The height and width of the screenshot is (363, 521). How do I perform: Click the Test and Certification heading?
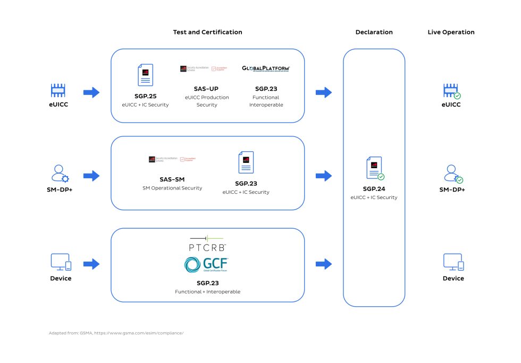tap(207, 32)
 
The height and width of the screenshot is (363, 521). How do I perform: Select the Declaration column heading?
tap(374, 32)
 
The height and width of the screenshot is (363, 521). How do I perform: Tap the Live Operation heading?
tap(451, 32)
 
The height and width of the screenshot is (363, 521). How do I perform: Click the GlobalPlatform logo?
tap(266, 68)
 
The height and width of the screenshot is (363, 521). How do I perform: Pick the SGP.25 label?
tap(145, 96)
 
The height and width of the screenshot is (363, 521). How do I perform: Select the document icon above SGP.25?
tap(145, 75)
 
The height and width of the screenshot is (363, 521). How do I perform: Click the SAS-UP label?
tap(207, 89)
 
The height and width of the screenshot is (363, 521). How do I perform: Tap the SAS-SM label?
tap(172, 179)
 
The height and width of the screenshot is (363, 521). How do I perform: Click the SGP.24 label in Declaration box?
tap(374, 189)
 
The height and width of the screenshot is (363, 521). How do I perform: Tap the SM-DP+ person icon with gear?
tap(60, 174)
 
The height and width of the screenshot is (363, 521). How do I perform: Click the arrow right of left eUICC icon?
tap(91, 92)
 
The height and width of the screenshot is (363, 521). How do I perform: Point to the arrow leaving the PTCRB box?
tap(323, 264)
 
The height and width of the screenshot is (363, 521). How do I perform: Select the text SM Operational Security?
tap(172, 188)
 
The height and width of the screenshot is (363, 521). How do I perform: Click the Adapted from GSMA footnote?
tap(116, 333)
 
